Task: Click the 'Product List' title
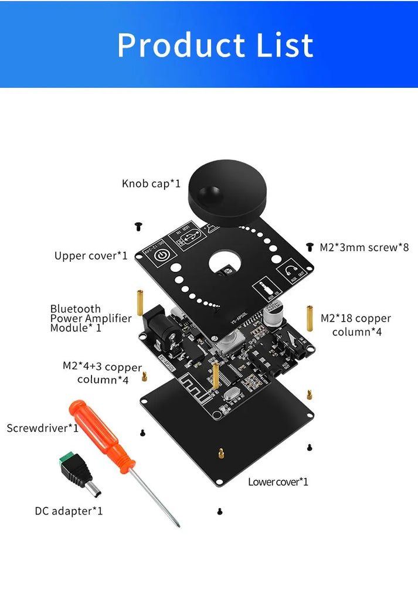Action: click(215, 45)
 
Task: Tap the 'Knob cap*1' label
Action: click(151, 183)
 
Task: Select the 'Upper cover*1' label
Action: click(91, 255)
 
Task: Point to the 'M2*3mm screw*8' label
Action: click(364, 247)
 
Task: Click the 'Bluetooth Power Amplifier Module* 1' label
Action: click(91, 318)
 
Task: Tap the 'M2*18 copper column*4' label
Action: click(356, 325)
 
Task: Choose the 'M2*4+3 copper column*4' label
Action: click(103, 373)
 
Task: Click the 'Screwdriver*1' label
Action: click(42, 428)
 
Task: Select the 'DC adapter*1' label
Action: click(69, 511)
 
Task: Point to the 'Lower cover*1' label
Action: click(278, 482)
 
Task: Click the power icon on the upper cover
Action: click(164, 255)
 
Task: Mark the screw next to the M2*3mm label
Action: click(310, 247)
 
